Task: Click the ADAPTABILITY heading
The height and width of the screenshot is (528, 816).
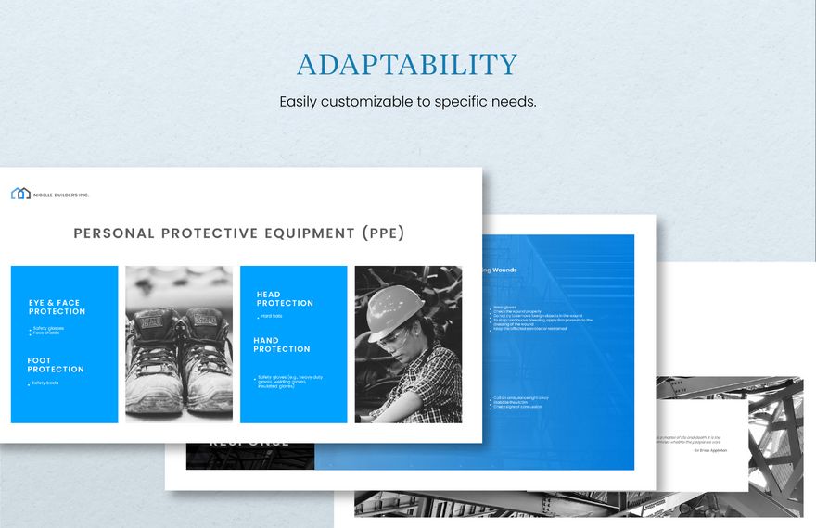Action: click(407, 65)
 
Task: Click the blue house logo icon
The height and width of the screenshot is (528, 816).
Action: click(20, 194)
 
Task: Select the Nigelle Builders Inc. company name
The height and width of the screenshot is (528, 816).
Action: click(61, 195)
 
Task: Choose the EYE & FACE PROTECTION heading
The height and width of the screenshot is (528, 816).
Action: click(57, 307)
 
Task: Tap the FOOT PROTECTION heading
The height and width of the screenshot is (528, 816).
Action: click(56, 365)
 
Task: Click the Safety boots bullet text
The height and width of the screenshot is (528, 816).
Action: click(45, 383)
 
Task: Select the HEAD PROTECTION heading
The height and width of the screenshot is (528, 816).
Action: click(285, 298)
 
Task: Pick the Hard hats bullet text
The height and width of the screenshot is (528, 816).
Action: click(273, 317)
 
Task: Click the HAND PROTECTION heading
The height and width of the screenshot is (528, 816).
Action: click(282, 345)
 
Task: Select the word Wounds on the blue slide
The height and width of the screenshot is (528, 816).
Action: click(504, 270)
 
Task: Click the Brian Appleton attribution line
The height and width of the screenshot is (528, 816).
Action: click(710, 450)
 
